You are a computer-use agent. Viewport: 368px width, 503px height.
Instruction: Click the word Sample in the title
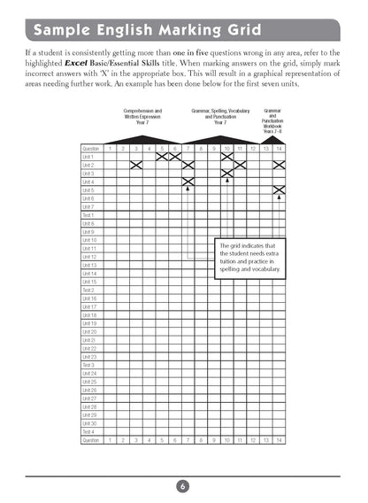click(64, 33)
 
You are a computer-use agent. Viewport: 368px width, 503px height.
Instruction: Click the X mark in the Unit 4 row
click(188, 182)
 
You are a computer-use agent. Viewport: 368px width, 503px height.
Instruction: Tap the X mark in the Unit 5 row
click(280, 190)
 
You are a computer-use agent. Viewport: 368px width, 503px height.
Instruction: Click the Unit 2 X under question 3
click(136, 165)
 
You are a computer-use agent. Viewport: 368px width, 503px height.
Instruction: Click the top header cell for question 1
click(110, 148)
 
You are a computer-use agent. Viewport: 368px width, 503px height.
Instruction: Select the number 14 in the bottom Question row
click(279, 440)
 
